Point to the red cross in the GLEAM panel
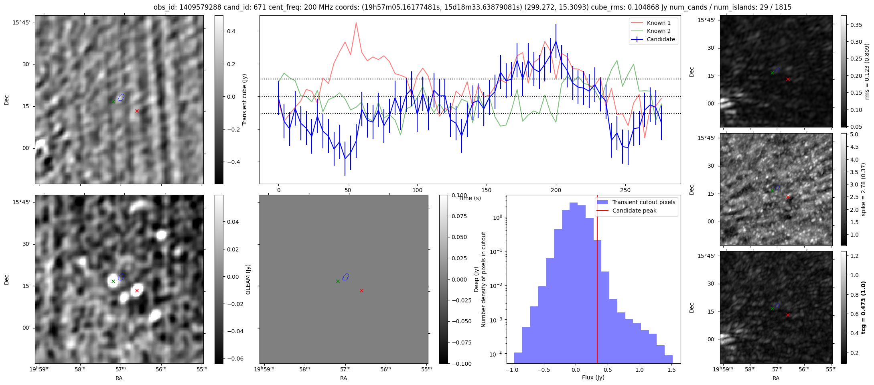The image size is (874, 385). (361, 290)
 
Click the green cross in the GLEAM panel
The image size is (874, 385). (338, 282)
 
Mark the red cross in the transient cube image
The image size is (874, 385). (137, 111)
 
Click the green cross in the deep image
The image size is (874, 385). (113, 282)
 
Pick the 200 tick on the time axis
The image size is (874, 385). (556, 190)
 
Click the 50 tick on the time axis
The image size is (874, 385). (348, 190)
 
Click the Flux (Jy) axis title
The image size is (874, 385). (593, 377)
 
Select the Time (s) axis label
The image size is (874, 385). (470, 198)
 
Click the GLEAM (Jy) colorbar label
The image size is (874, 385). (248, 279)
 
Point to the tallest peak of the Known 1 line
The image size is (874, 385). (356, 23)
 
